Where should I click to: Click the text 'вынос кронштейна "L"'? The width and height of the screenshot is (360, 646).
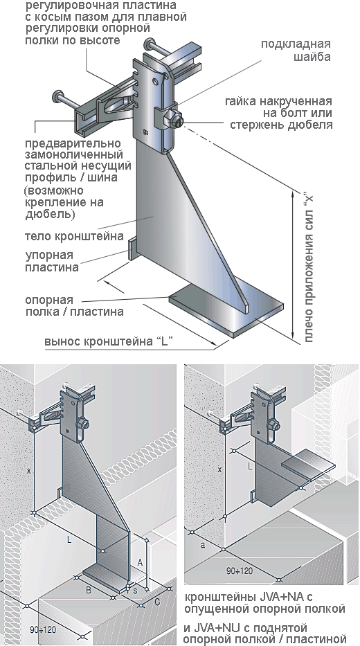108,341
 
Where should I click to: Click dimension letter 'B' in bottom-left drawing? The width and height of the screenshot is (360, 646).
89,590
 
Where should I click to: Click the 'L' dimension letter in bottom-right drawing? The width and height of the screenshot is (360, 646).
250,467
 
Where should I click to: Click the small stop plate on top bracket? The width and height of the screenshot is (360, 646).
131,247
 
